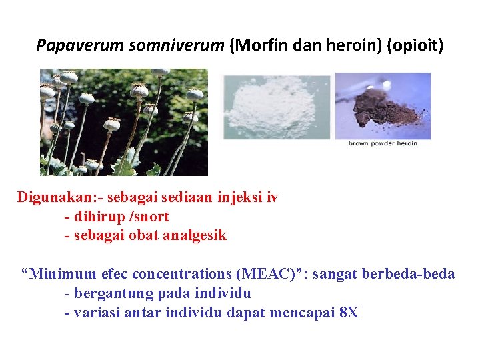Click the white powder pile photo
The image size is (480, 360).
click(276, 106)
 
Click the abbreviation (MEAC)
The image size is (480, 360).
click(274, 274)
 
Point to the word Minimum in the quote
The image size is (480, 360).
click(60, 274)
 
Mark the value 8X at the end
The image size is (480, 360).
click(348, 312)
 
